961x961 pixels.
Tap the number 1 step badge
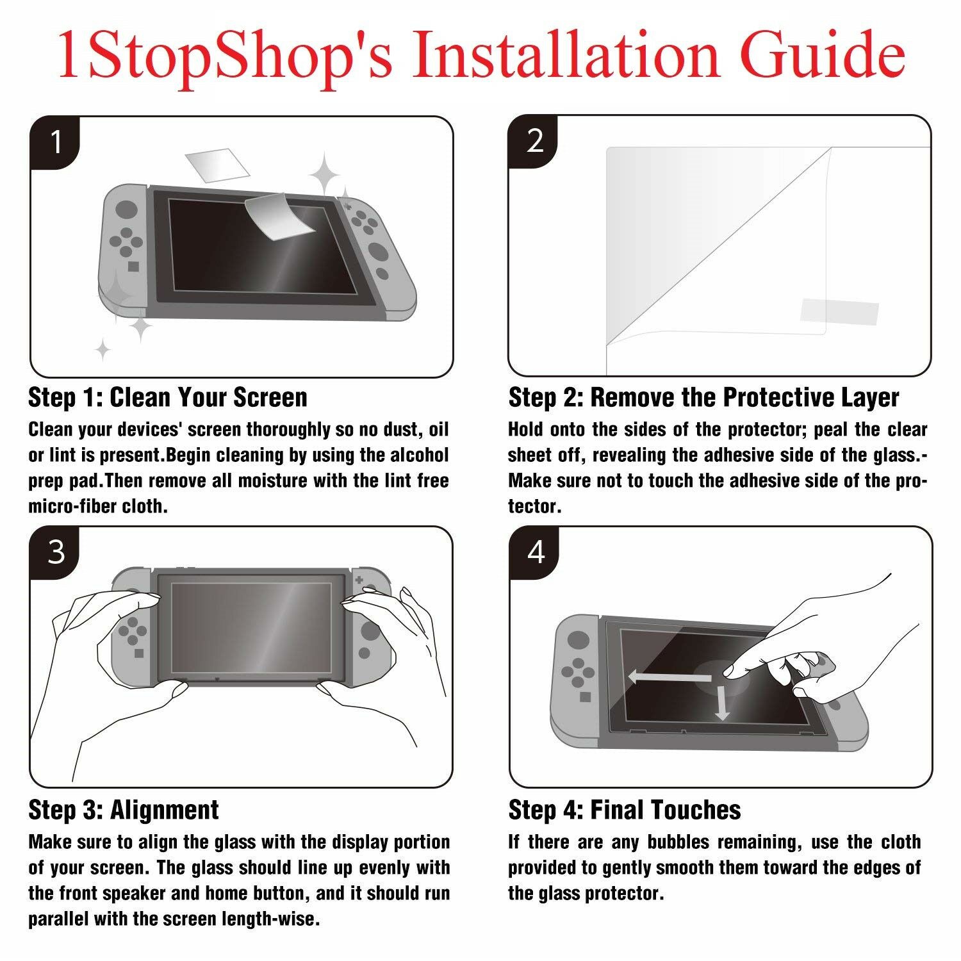point(56,142)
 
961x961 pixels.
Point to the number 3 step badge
point(56,551)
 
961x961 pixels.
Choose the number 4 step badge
point(534,551)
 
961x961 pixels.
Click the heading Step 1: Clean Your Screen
point(168,397)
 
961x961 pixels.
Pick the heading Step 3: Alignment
point(124,810)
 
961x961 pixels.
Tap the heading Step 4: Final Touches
point(625,810)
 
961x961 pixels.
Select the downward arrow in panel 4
point(722,701)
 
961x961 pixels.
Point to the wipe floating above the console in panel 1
point(217,165)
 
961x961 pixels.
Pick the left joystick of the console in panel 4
point(578,639)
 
